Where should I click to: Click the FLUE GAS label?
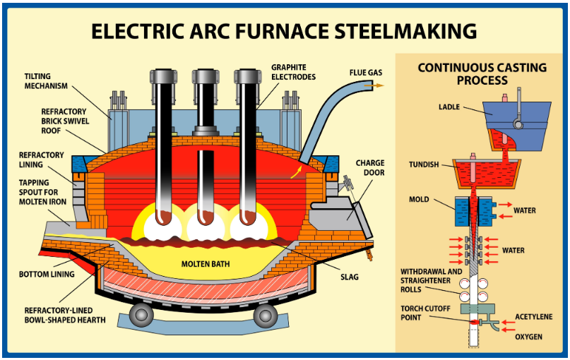tap(366, 73)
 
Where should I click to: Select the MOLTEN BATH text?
tap(206, 264)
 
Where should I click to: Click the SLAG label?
tap(350, 277)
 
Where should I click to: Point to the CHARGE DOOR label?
tap(370, 167)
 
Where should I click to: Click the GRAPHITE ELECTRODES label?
tap(293, 72)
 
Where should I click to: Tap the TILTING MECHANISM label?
tap(46, 81)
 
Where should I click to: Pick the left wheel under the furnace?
tap(141, 315)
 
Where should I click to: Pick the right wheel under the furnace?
tap(265, 315)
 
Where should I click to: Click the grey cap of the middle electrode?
tap(206, 76)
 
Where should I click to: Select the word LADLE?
tap(449, 107)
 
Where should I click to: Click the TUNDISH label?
tap(424, 164)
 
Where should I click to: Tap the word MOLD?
tap(419, 200)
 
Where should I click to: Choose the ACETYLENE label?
tap(534, 317)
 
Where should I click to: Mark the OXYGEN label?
tap(528, 337)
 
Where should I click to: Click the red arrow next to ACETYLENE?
tap(509, 322)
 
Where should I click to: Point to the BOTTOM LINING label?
tap(47, 275)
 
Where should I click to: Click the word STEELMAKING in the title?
tap(405, 31)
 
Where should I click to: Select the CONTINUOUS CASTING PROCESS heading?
tap(482, 73)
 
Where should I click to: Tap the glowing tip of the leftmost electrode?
tap(164, 217)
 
